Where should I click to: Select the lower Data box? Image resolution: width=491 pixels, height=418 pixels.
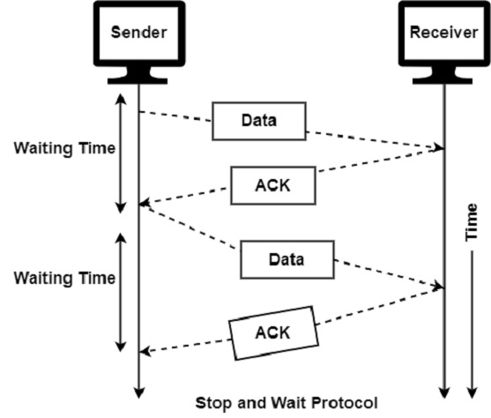pos(286,260)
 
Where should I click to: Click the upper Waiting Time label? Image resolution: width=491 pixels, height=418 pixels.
pos(63,147)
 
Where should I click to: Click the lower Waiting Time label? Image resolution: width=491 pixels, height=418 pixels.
pos(63,279)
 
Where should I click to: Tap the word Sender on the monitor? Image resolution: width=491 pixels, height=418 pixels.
pos(138,34)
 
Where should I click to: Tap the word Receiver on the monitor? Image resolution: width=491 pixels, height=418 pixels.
pos(443,34)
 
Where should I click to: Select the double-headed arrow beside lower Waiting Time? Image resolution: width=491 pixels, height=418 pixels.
pos(122,290)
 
